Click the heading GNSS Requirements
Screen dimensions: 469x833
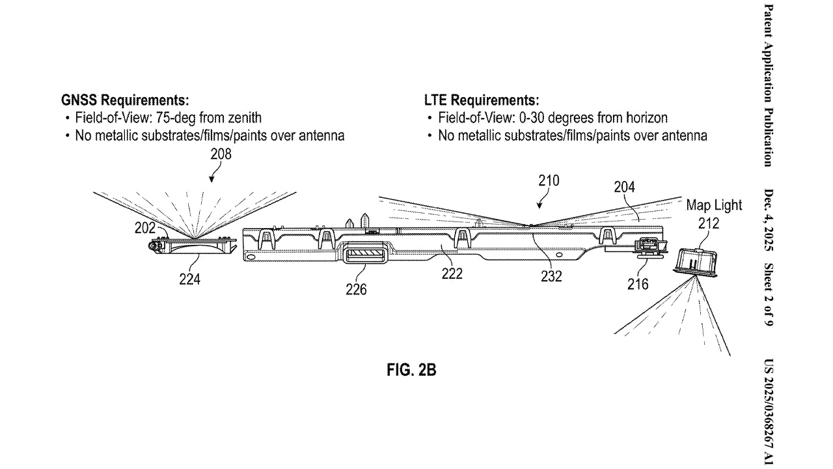click(x=124, y=101)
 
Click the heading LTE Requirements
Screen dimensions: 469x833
click(x=481, y=101)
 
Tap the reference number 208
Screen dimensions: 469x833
click(x=221, y=154)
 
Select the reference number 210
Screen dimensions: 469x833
click(x=548, y=180)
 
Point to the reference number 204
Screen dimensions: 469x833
click(x=625, y=188)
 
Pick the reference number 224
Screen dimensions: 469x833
click(x=189, y=279)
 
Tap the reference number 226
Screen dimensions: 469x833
click(x=356, y=289)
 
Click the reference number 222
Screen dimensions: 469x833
click(x=452, y=274)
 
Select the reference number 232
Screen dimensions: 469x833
click(x=551, y=276)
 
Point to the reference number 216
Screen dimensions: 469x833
click(x=638, y=284)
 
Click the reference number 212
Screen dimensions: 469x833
click(x=709, y=223)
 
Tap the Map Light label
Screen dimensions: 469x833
click(x=714, y=205)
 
